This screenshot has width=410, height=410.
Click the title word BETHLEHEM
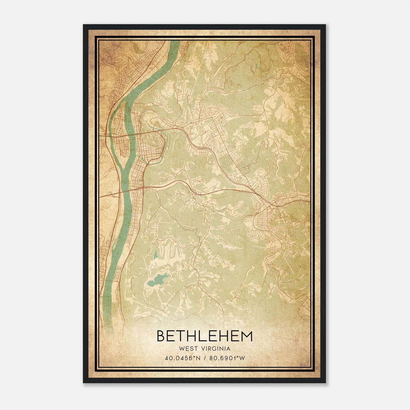click(204, 336)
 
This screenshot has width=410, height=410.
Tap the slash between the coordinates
click(205, 358)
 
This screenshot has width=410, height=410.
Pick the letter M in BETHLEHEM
click(247, 336)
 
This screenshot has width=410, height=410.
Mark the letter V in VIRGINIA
click(202, 349)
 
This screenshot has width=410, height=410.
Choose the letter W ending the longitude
click(242, 358)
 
